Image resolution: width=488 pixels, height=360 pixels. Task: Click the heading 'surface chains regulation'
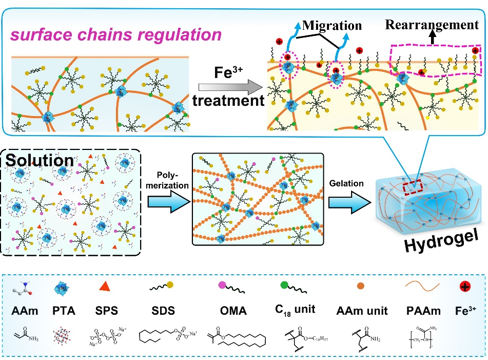click(116, 34)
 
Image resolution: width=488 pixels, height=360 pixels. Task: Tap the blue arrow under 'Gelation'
click(347, 199)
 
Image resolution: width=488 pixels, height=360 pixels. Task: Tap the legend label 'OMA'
click(235, 310)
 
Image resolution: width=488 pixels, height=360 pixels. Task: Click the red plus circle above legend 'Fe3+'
click(464, 287)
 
